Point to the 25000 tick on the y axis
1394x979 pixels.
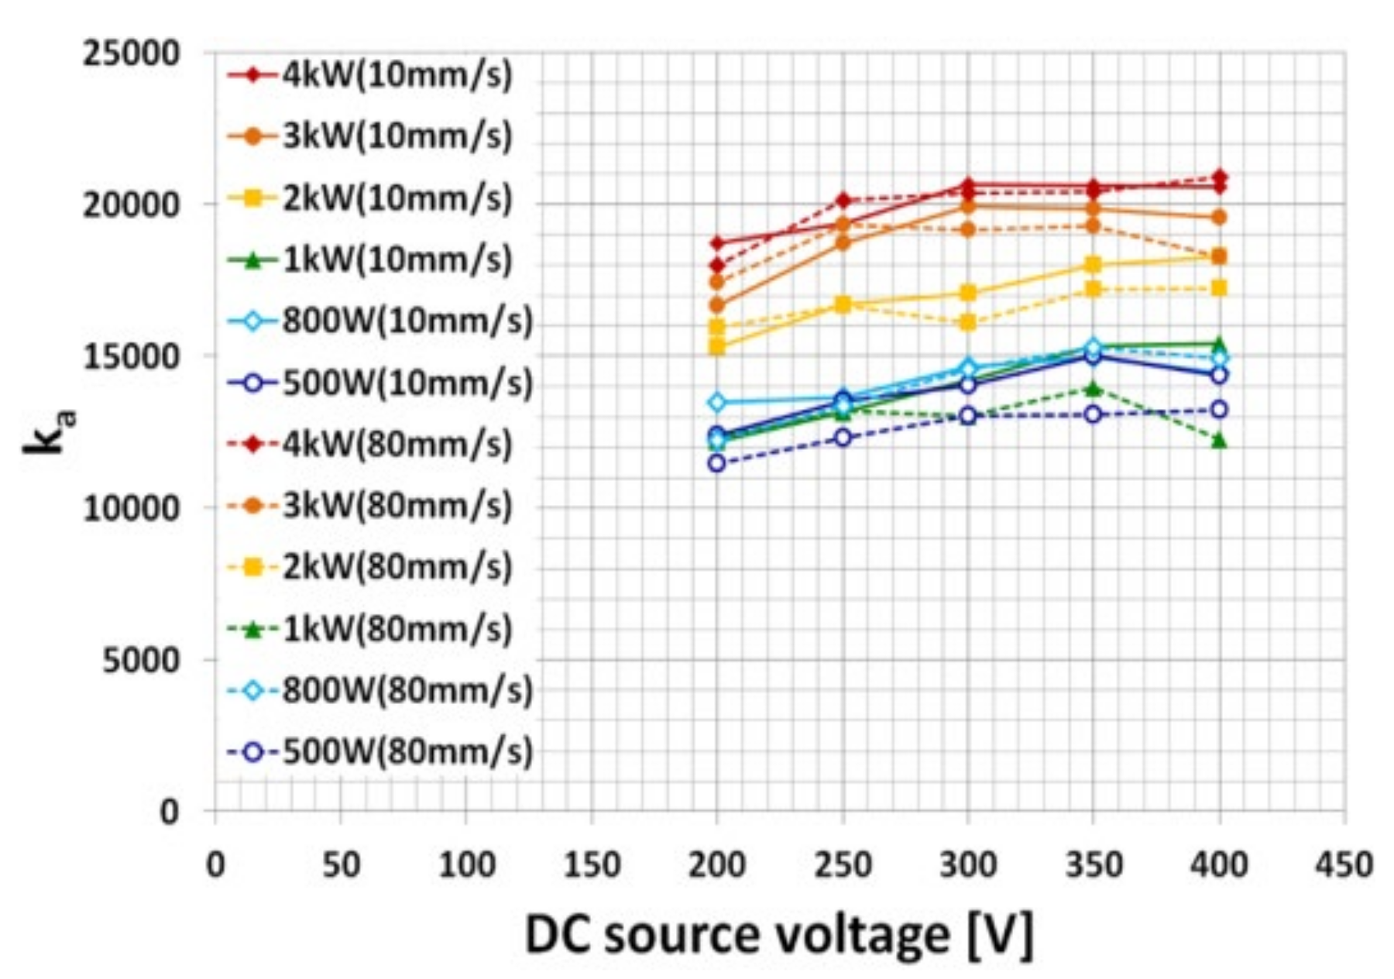(132, 54)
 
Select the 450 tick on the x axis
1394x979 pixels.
(1344, 864)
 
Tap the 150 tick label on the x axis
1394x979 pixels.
(592, 864)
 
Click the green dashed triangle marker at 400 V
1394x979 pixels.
(1219, 441)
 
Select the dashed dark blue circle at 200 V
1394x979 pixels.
(716, 463)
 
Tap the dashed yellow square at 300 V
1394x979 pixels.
(968, 322)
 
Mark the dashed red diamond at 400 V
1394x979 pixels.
(1219, 177)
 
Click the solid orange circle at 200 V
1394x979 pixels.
(716, 305)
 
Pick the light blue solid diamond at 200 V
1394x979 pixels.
(716, 402)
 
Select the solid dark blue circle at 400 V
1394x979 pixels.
(1219, 375)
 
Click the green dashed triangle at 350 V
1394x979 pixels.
(1093, 388)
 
